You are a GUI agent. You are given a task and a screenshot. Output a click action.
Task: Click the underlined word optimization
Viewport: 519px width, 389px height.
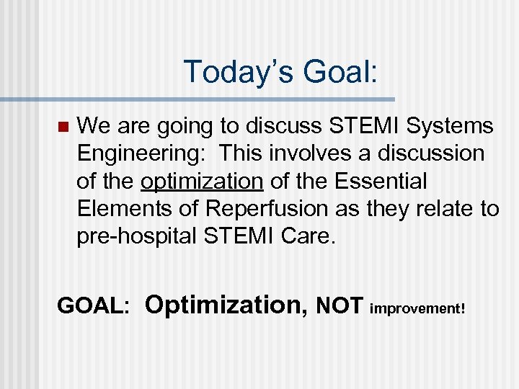(202, 182)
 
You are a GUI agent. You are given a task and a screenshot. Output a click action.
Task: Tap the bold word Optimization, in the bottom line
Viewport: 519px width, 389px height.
(226, 305)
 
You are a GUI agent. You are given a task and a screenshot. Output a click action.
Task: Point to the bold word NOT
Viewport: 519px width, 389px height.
(340, 306)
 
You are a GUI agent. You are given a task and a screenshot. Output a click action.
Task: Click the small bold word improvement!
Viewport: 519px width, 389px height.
(417, 308)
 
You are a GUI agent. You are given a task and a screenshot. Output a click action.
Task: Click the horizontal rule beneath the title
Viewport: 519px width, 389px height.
(198, 99)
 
